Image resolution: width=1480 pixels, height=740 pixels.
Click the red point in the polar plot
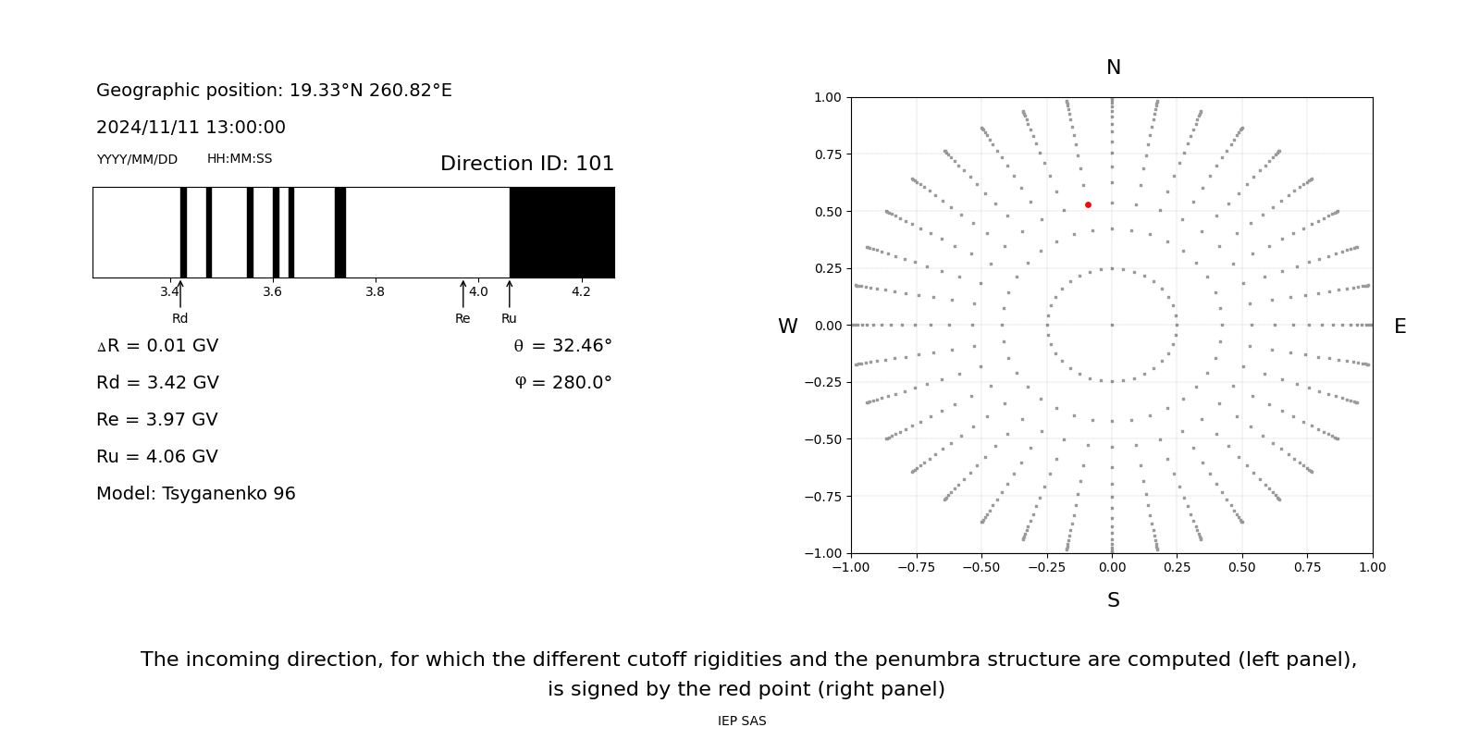pyautogui.click(x=1088, y=204)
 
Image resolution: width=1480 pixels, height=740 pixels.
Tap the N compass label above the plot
pyautogui.click(x=1113, y=68)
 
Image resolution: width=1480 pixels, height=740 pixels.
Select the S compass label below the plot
pyautogui.click(x=1113, y=600)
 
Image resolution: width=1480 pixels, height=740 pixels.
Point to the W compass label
pyautogui.click(x=787, y=327)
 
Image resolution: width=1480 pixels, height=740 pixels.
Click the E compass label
pyautogui.click(x=1400, y=327)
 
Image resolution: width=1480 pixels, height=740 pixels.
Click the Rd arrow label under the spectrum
pyautogui.click(x=179, y=318)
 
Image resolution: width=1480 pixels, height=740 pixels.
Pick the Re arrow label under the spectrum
pyautogui.click(x=462, y=318)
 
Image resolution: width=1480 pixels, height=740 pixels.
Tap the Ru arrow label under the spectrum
pyautogui.click(x=509, y=318)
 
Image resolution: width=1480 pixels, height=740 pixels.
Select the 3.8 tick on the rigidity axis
pyautogui.click(x=375, y=292)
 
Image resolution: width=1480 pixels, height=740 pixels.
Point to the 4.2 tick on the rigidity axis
pyautogui.click(x=581, y=292)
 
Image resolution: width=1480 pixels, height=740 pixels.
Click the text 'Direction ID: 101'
pyautogui.click(x=526, y=164)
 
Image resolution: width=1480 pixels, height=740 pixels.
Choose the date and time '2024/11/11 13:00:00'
pyautogui.click(x=191, y=128)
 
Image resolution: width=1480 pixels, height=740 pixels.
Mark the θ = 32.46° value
pyautogui.click(x=562, y=346)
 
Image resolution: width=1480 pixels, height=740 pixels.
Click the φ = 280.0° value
pyautogui.click(x=562, y=383)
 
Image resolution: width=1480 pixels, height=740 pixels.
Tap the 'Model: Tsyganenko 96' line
pyautogui.click(x=196, y=494)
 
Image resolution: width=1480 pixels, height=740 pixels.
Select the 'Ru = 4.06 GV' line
pyautogui.click(x=157, y=457)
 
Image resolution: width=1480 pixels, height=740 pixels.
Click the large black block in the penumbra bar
pyautogui.click(x=561, y=232)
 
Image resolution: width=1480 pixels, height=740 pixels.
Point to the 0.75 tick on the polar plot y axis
pyautogui.click(x=827, y=154)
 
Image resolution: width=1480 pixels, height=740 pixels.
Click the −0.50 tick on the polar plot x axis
pyautogui.click(x=981, y=567)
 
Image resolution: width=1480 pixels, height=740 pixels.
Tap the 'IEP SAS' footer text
pyautogui.click(x=742, y=721)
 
